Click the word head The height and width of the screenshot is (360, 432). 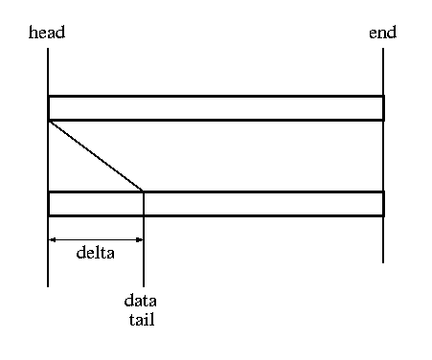point(47,33)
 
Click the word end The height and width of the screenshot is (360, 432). point(382,33)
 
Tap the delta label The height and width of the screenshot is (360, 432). point(96,253)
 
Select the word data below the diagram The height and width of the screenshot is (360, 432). point(140,301)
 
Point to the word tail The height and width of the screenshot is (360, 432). point(142,319)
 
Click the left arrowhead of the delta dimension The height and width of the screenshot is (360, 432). point(52,239)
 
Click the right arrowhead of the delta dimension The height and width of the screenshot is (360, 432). point(139,239)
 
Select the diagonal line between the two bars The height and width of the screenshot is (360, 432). point(96,156)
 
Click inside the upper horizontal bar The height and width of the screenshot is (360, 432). point(216,108)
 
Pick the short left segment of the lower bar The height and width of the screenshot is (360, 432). point(96,204)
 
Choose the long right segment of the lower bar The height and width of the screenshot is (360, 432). point(263,204)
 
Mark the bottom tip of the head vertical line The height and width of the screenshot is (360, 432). point(48,286)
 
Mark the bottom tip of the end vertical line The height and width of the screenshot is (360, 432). point(383,262)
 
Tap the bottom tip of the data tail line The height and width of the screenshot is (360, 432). point(144,286)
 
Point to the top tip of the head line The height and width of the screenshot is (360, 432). point(48,48)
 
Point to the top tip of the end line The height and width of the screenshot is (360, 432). point(383,48)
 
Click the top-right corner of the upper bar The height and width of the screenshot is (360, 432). point(383,96)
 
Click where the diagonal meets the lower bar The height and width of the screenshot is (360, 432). point(143,191)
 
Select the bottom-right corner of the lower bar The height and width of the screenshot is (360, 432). point(383,216)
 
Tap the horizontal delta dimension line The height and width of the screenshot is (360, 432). point(96,239)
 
